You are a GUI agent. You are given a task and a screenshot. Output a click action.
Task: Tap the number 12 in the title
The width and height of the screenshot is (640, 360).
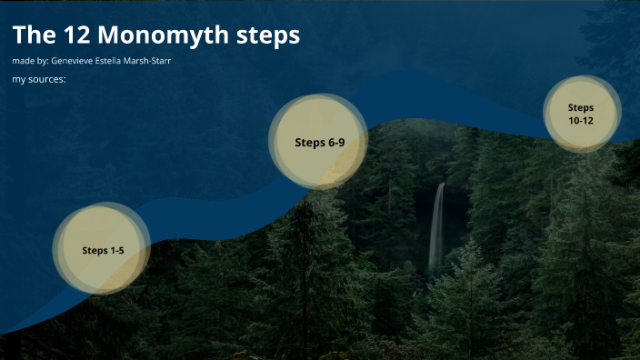point(74,35)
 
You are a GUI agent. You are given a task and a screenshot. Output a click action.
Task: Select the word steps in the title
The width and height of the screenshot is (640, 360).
point(267,36)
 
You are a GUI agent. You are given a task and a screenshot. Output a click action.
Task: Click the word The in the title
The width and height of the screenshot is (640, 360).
point(33,35)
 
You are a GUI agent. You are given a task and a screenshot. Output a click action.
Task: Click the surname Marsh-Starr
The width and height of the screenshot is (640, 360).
point(145,61)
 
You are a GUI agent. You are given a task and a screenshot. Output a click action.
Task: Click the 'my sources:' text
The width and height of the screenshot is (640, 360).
point(39,80)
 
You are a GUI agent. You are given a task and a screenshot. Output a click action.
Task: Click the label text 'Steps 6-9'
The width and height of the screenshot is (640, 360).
point(319,142)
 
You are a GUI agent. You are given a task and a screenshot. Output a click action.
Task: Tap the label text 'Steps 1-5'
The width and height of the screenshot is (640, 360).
point(103,250)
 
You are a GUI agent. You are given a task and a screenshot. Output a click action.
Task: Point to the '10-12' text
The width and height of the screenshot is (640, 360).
point(581,120)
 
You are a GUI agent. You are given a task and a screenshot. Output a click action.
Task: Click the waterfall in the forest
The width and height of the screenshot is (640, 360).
point(437,227)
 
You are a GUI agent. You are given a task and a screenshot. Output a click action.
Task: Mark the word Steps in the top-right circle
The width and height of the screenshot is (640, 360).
point(581,107)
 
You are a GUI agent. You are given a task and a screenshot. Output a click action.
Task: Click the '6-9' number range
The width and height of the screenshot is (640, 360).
point(335,142)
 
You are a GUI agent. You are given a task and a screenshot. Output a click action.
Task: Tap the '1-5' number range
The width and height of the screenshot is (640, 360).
point(117,250)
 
